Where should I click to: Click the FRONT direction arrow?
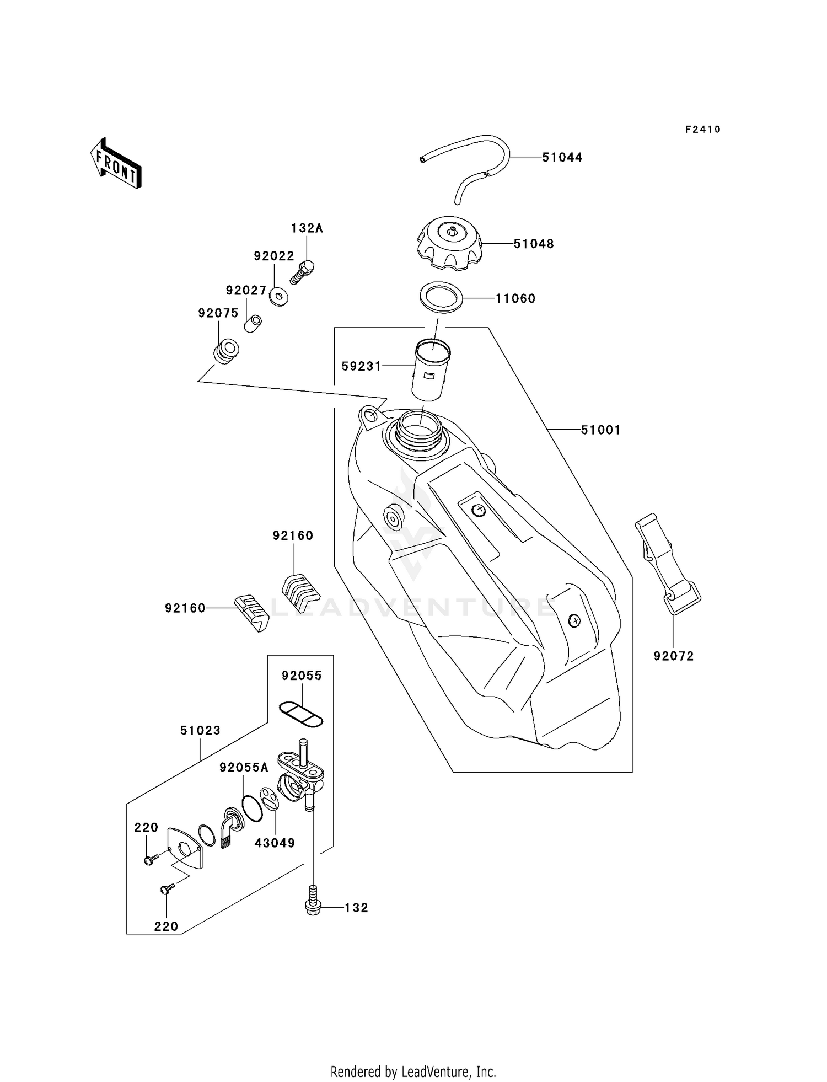tap(116, 164)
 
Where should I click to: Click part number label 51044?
tap(562, 158)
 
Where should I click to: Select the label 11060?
tap(515, 299)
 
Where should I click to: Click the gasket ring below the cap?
tap(441, 298)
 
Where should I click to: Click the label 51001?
tap(600, 430)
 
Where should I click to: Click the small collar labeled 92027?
tap(253, 323)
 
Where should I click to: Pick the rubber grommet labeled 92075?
tap(226, 351)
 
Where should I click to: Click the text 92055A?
tap(244, 768)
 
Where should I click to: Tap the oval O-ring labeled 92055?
tap(300, 714)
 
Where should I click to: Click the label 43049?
tap(275, 843)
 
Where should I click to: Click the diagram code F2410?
tap(702, 130)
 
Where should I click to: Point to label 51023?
tap(200, 731)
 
